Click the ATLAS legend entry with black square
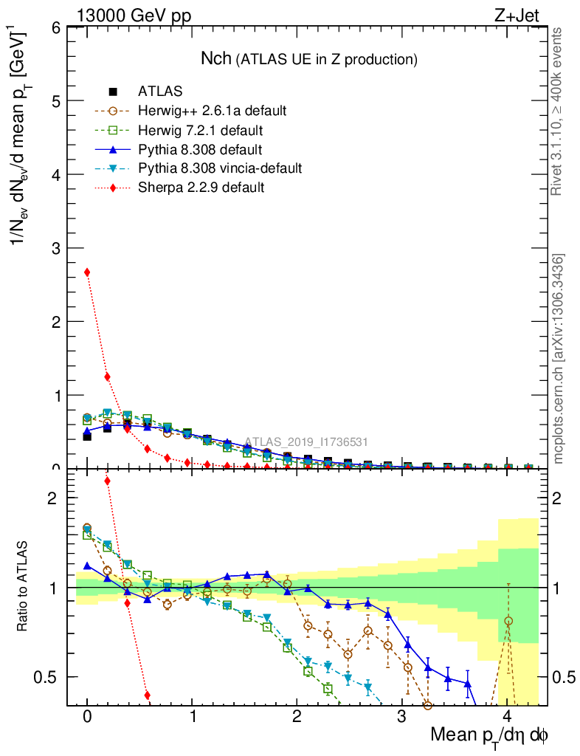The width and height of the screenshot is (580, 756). (x=160, y=92)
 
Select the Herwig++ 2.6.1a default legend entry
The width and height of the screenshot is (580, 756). (x=211, y=111)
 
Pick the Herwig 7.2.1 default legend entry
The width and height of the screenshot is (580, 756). (x=200, y=131)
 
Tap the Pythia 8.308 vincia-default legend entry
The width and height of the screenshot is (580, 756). (x=219, y=168)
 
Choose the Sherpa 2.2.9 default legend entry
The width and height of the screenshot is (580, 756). (x=201, y=188)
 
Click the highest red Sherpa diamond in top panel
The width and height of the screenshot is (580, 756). (x=87, y=272)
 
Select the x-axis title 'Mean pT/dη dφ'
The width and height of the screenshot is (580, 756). (x=489, y=736)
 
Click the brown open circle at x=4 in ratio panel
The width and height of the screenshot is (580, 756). (x=508, y=622)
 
